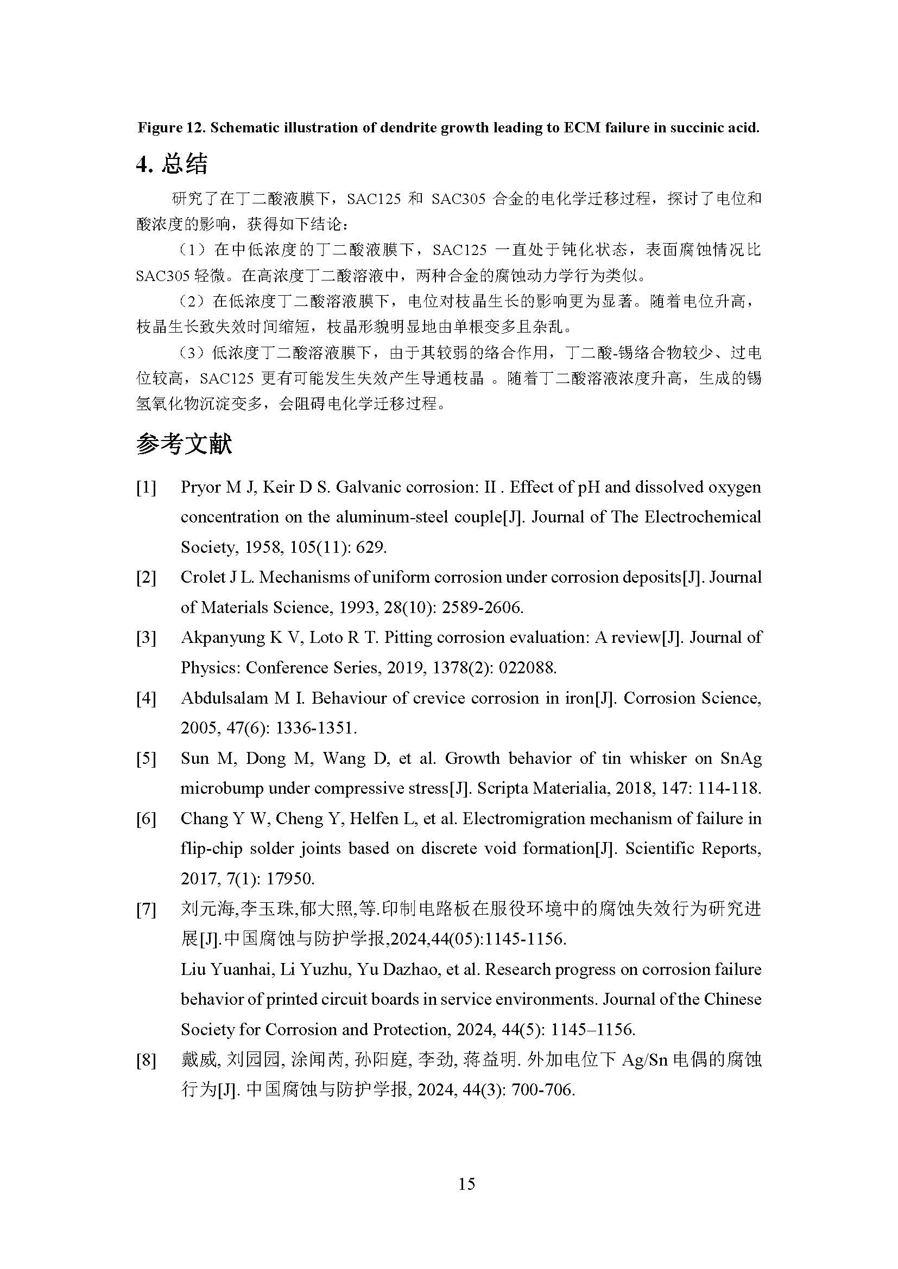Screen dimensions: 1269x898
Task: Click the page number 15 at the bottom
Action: coord(466,1183)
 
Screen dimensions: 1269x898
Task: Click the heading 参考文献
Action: coord(184,444)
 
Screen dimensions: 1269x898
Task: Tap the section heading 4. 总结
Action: coord(172,164)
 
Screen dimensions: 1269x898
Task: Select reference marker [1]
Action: coord(146,488)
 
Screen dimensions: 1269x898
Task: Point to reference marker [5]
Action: coord(146,758)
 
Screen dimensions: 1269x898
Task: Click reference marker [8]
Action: coord(146,1060)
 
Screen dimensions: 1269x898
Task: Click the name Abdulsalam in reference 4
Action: coord(224,698)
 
